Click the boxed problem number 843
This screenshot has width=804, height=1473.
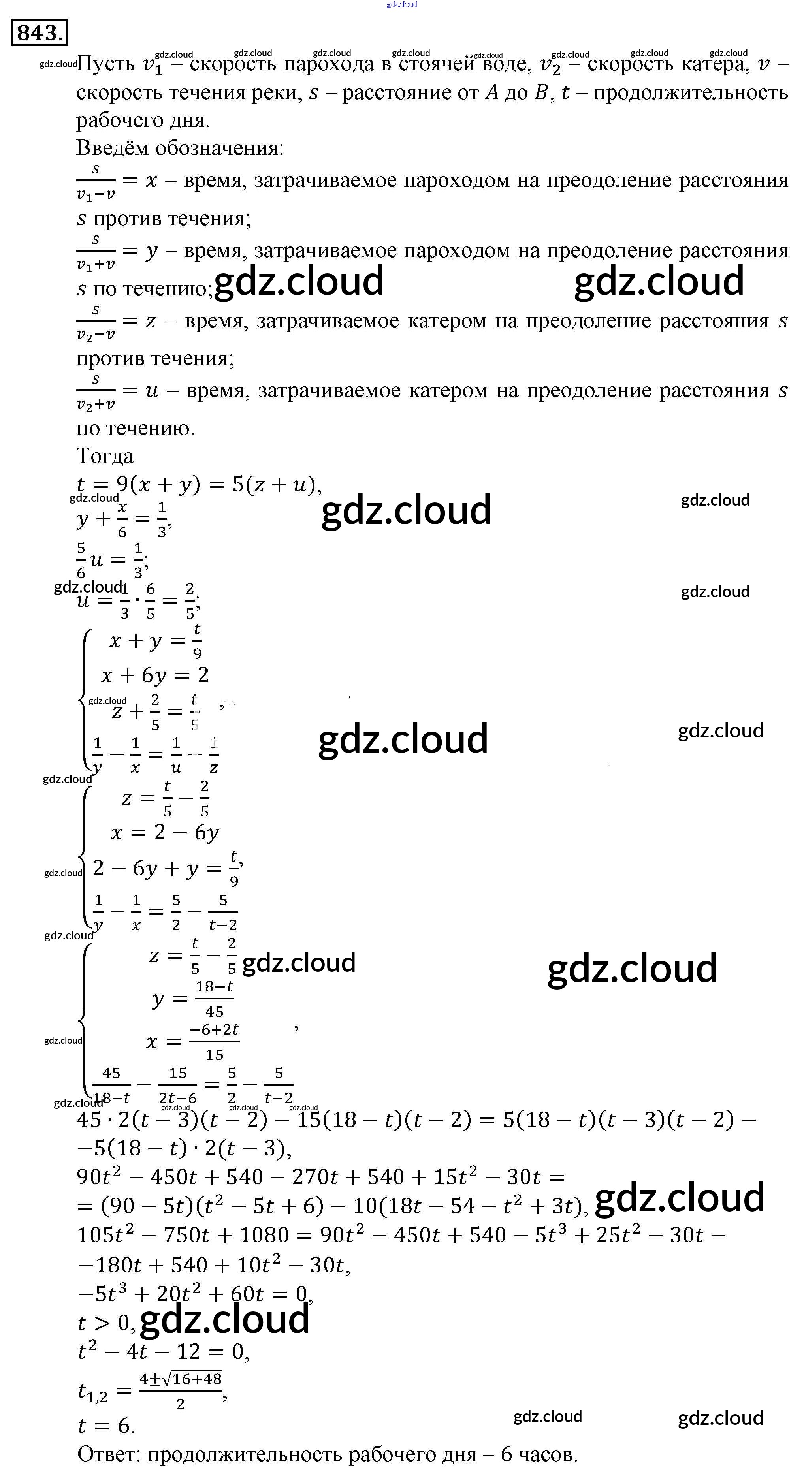39,33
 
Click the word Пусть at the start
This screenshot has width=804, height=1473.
105,64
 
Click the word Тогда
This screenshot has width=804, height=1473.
105,456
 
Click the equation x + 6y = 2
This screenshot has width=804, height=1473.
155,676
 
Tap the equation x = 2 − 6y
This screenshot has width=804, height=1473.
165,833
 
